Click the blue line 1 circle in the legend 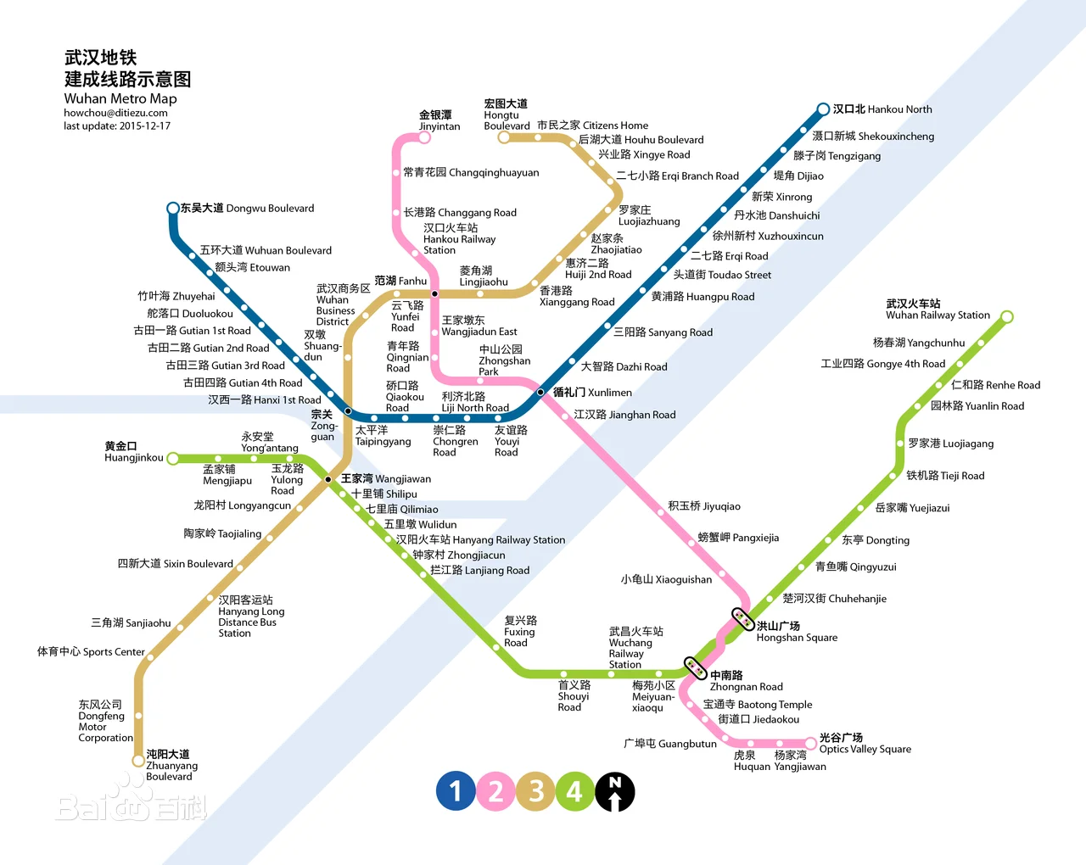pyautogui.click(x=456, y=791)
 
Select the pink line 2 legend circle pyautogui.click(x=495, y=791)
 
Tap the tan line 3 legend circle pyautogui.click(x=535, y=791)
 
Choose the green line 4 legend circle pyautogui.click(x=575, y=791)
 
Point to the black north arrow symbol pyautogui.click(x=615, y=792)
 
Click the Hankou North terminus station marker pyautogui.click(x=823, y=109)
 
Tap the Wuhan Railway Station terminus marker pyautogui.click(x=1007, y=317)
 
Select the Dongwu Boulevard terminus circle pyautogui.click(x=173, y=209)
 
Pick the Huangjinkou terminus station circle pyautogui.click(x=173, y=459)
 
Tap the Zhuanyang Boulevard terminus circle pyautogui.click(x=138, y=761)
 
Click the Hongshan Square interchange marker pyautogui.click(x=743, y=619)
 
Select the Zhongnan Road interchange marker pyautogui.click(x=696, y=668)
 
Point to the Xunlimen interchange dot pyautogui.click(x=540, y=392)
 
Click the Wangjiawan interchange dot pyautogui.click(x=328, y=479)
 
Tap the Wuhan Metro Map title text pyautogui.click(x=120, y=98)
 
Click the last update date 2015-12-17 pyautogui.click(x=117, y=126)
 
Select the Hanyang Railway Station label pyautogui.click(x=480, y=539)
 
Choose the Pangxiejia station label pyautogui.click(x=738, y=538)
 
